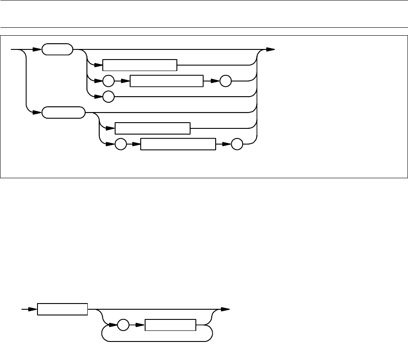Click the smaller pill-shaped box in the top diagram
point(57,50)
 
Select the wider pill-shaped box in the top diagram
point(64,113)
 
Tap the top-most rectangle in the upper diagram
point(139,65)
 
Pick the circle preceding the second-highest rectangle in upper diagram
point(108,82)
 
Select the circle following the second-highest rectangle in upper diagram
point(226,82)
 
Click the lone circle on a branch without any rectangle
point(108,96)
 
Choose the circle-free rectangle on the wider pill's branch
point(152,128)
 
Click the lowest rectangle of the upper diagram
point(178,144)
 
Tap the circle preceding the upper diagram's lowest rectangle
point(120,144)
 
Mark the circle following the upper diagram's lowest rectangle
point(239,144)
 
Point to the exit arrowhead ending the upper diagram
point(271,50)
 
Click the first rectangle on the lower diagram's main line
point(62,310)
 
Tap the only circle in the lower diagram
point(123,326)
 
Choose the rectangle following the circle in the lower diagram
point(170,326)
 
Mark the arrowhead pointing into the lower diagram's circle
point(114,326)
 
